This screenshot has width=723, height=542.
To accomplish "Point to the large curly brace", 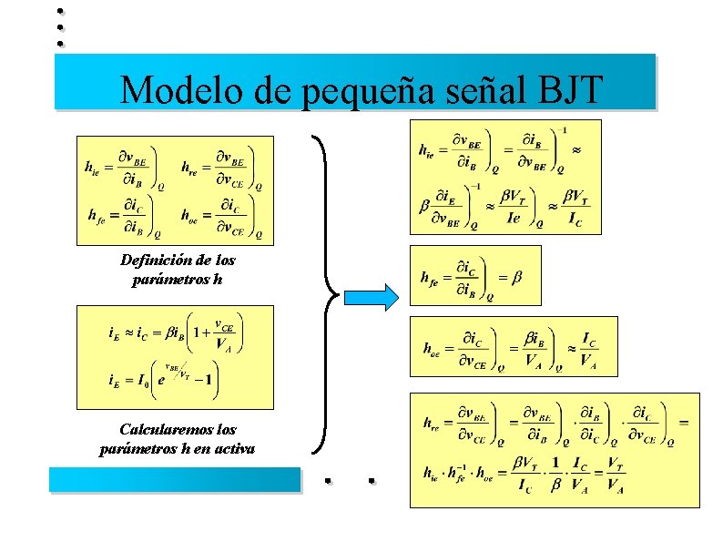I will point(325,293).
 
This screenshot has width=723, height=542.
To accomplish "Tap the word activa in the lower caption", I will point(232,447).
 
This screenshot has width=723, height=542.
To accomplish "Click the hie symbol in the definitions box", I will point(92,168).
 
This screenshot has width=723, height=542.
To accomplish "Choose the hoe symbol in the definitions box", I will point(191,217).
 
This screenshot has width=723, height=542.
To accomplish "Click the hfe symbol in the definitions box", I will point(95,217).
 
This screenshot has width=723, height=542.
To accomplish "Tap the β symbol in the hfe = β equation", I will point(516,277).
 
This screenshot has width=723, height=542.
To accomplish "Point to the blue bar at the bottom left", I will point(174,479).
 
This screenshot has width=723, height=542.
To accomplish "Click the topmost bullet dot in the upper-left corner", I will point(59,11).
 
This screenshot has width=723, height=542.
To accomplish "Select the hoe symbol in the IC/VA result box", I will point(432,348).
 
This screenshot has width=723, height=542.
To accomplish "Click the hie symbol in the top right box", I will point(428,150).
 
